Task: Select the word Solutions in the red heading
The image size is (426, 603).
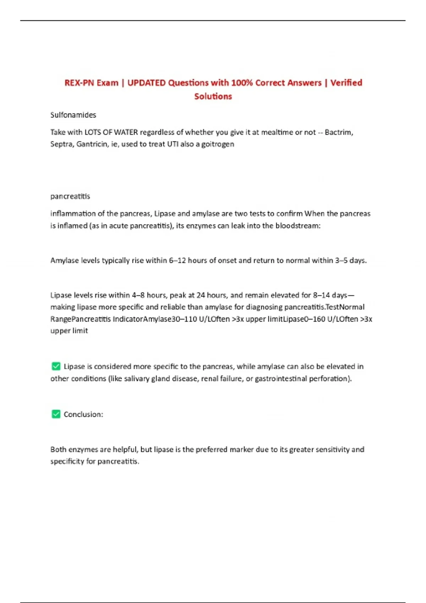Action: click(213, 96)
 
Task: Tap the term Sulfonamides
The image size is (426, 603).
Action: click(73, 115)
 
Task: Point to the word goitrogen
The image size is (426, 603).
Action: click(218, 144)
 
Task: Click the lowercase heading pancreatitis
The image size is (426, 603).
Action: click(70, 196)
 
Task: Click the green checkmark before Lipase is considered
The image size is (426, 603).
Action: click(56, 366)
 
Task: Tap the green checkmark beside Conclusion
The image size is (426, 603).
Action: click(56, 414)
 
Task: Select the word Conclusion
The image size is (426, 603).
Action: click(83, 414)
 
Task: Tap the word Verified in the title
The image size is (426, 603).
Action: click(346, 83)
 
